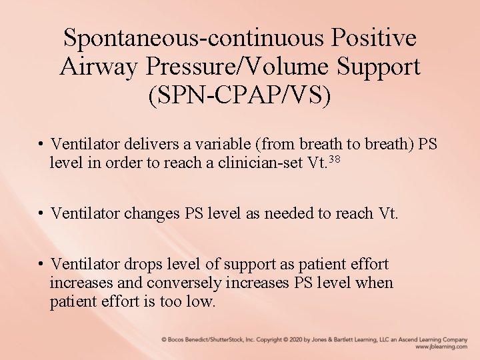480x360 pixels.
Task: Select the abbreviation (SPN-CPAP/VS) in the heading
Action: coord(240,95)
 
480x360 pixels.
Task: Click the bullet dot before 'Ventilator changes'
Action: coord(41,213)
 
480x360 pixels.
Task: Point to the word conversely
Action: coord(185,283)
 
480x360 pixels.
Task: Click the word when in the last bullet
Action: coord(375,283)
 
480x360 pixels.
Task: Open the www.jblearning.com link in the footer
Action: coord(441,347)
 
